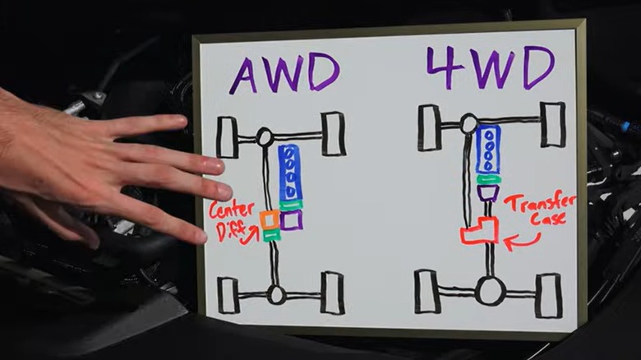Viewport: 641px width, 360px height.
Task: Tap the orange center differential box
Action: tap(270, 219)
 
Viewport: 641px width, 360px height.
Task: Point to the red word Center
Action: tap(232, 210)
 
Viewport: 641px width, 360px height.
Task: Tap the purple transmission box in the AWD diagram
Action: tap(291, 219)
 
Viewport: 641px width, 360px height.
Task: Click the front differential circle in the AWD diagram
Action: tap(265, 136)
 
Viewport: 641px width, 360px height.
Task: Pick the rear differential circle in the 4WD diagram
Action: tap(490, 291)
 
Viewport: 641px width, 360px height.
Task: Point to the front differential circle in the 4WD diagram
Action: tap(468, 124)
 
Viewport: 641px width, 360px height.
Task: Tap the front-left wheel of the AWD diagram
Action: tap(227, 136)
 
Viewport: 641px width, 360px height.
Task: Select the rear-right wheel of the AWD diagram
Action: tap(333, 293)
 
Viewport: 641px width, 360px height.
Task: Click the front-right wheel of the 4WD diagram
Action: tap(552, 125)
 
